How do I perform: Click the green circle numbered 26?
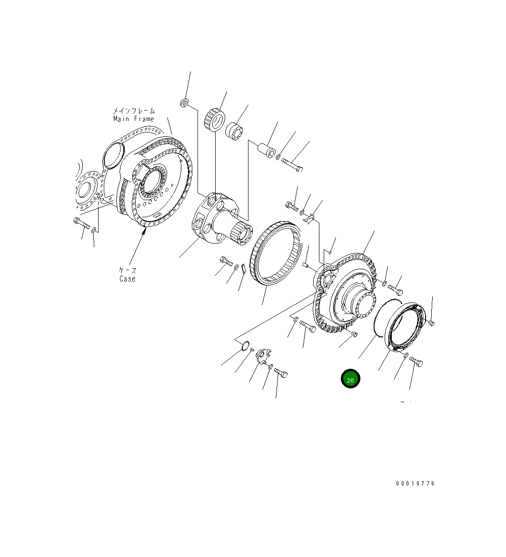350,379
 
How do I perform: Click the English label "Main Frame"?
133,119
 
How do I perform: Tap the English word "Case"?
127,279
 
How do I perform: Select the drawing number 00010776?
415,483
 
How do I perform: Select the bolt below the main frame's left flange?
81,223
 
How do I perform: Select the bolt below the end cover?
416,362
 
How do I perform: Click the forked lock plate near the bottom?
263,356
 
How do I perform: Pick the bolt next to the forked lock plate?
281,373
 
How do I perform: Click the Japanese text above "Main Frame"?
133,111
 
